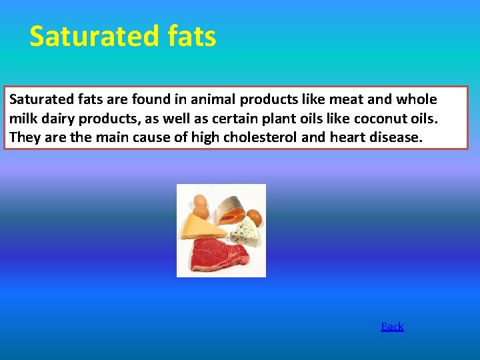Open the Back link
392,327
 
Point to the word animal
211,100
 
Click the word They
23,138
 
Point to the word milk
23,119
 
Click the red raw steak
219,253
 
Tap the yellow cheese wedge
202,227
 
